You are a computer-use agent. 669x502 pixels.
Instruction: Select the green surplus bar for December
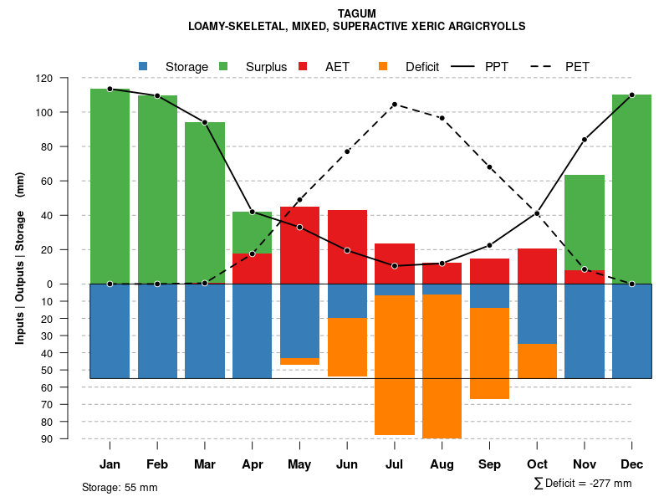coord(631,189)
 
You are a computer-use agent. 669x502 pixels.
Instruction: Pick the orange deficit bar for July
coord(395,365)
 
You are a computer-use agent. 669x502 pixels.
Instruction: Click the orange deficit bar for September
coord(489,353)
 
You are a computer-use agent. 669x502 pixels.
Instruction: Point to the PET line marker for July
coord(395,105)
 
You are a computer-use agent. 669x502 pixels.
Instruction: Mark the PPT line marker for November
coord(585,139)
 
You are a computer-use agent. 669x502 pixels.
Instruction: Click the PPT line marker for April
coord(253,212)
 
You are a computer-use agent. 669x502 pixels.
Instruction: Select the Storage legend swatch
coord(143,66)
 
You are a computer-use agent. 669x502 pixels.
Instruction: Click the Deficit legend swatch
coord(383,66)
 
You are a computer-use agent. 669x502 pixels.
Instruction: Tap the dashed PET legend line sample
coord(545,66)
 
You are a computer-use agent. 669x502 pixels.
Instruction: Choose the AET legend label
coord(338,67)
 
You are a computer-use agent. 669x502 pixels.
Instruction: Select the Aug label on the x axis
coord(442,464)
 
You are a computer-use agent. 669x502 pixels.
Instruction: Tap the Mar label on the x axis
coord(205,464)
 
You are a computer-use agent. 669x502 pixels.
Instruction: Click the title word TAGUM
coord(357,13)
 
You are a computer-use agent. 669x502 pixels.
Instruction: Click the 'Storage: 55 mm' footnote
coord(120,487)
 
